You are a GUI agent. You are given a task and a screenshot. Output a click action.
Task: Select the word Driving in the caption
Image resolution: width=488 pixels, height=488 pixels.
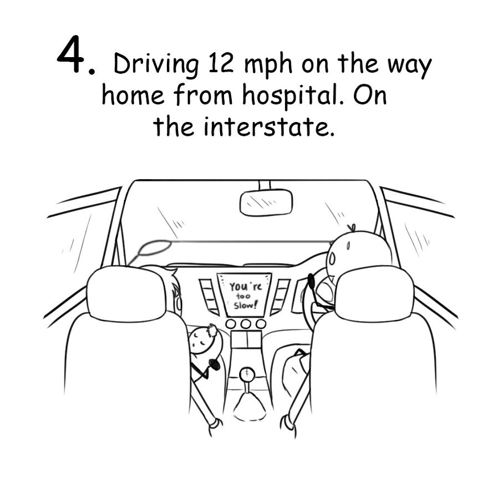tap(156, 66)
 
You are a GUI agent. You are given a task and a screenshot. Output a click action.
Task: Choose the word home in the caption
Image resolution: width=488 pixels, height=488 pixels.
tap(133, 96)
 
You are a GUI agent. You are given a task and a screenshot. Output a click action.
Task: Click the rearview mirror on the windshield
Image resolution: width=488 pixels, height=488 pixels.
tap(266, 202)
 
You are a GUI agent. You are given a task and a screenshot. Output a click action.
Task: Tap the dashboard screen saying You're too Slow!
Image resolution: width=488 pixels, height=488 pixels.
tap(244, 294)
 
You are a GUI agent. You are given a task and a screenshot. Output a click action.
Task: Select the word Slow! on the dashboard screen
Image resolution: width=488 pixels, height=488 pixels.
tap(245, 306)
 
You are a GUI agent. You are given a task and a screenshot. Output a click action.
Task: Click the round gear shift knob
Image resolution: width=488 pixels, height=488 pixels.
tap(246, 376)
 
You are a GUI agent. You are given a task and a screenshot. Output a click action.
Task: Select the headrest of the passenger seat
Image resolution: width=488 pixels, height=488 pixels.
tap(127, 294)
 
